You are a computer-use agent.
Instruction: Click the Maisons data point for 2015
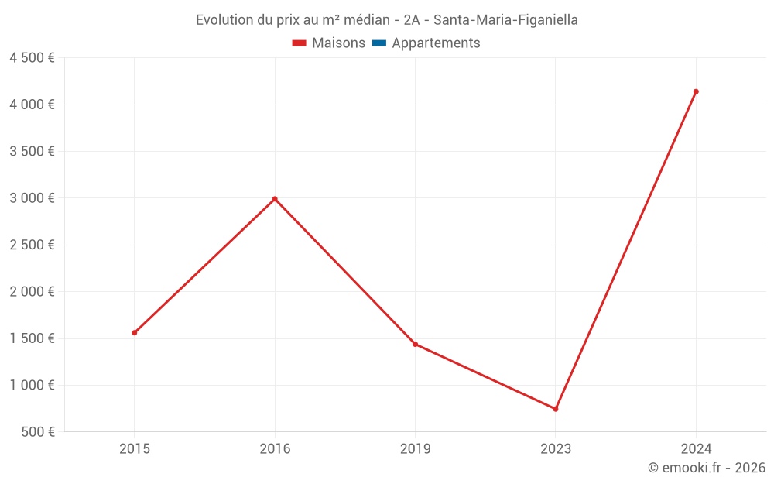[x=135, y=333]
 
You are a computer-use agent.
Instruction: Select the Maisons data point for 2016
[x=275, y=199]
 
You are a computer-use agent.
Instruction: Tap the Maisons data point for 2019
[x=415, y=344]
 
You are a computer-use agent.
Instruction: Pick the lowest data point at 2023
[x=556, y=409]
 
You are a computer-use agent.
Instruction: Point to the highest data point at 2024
[x=696, y=91]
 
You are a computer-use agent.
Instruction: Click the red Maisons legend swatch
[x=300, y=43]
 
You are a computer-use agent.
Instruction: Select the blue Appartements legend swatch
[x=379, y=43]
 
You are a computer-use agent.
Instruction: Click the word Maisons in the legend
[x=338, y=43]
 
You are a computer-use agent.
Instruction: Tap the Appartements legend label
[x=436, y=43]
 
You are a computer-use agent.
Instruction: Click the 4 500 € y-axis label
[x=32, y=58]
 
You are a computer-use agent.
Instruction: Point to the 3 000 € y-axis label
[x=32, y=198]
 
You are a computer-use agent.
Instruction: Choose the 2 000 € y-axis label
[x=32, y=292]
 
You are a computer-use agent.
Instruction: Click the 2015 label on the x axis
[x=135, y=448]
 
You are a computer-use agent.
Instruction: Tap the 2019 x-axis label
[x=415, y=448]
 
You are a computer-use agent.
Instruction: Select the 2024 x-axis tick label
[x=696, y=448]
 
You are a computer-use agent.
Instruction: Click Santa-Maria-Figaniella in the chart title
[x=505, y=20]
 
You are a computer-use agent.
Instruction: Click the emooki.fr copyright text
[x=706, y=468]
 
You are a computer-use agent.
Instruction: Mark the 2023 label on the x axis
[x=556, y=448]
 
